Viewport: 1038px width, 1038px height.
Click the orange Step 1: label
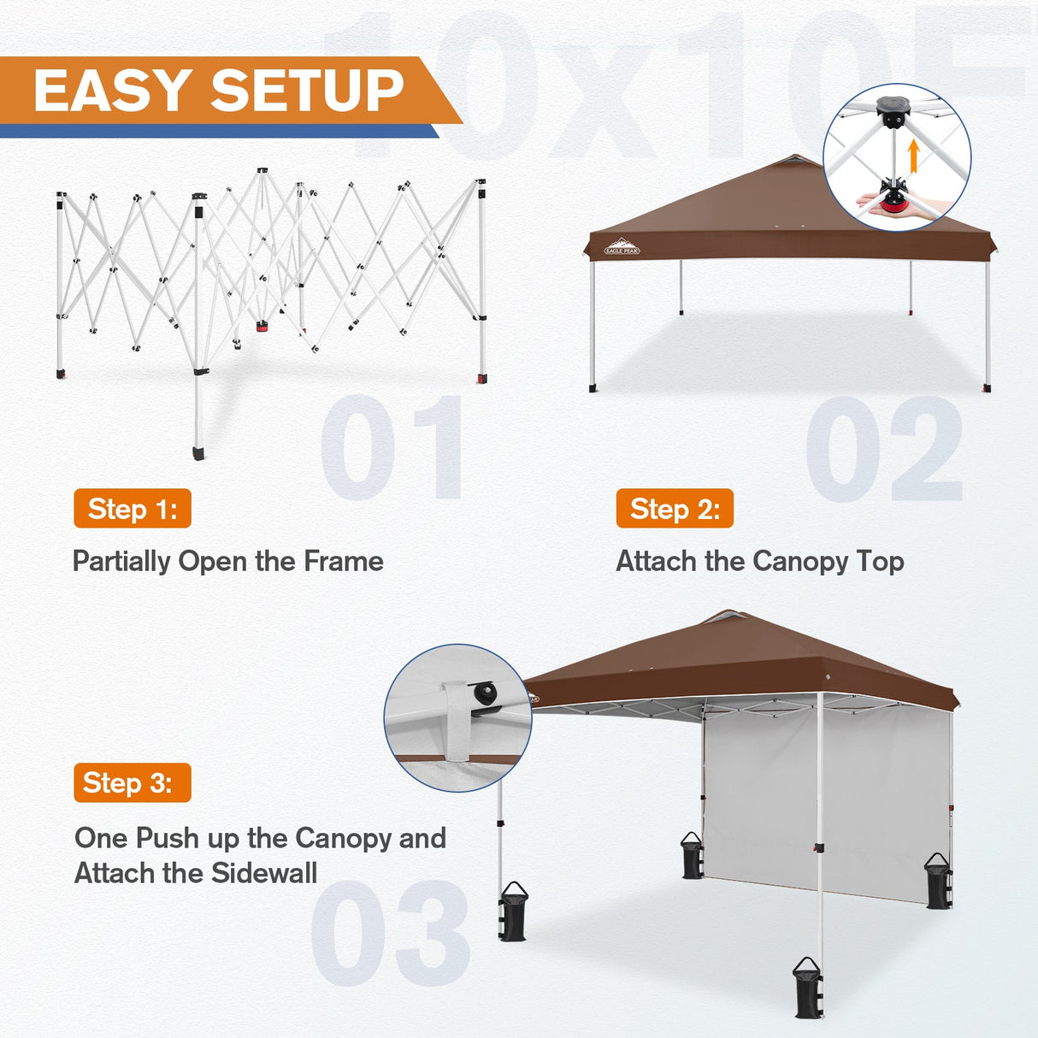tap(133, 509)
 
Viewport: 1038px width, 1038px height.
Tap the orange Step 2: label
tap(675, 509)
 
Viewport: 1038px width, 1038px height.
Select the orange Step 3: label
tap(133, 782)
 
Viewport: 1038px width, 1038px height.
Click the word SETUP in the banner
tap(307, 91)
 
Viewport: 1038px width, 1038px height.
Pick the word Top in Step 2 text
tap(880, 562)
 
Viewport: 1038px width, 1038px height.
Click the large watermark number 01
tap(392, 447)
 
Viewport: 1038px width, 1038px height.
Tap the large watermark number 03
tap(390, 933)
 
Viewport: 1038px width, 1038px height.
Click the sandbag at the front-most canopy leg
tap(807, 989)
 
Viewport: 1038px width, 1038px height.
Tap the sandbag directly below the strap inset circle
tap(512, 912)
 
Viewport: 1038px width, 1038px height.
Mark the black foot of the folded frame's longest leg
tap(199, 452)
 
